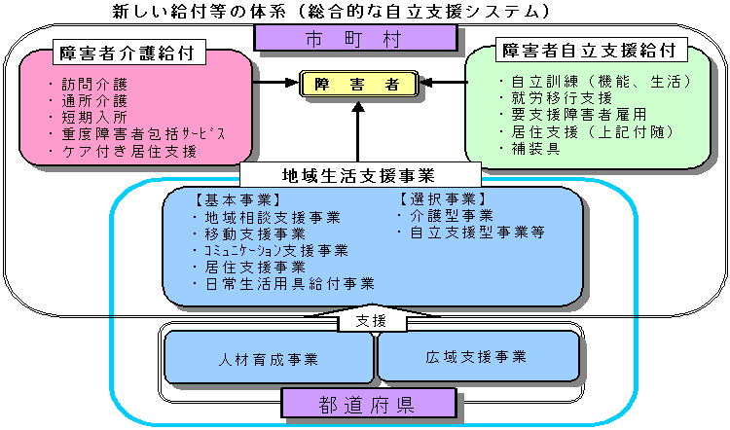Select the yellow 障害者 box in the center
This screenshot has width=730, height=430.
(x=358, y=84)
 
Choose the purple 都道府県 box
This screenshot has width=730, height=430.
(x=369, y=402)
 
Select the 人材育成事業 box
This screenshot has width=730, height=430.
(x=269, y=358)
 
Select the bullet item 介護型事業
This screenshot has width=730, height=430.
(x=452, y=216)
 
